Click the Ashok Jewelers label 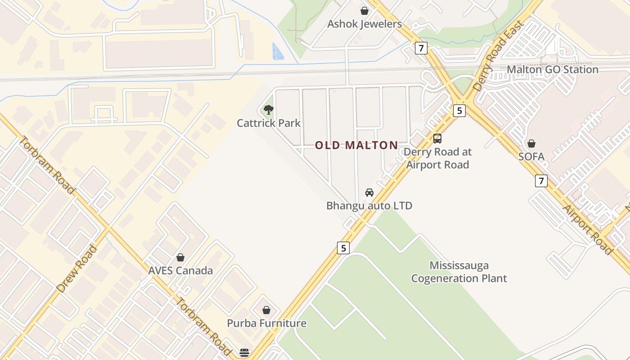[x=364, y=24]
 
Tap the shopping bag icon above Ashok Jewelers [x=364, y=11]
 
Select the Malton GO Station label [x=552, y=70]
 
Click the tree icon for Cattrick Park [x=268, y=109]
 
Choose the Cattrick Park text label [x=269, y=123]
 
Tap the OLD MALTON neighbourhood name [x=356, y=145]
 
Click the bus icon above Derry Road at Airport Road [x=437, y=139]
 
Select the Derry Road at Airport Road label [x=437, y=158]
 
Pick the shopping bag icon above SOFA [x=531, y=144]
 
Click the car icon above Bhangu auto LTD [x=369, y=193]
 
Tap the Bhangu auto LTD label [x=369, y=206]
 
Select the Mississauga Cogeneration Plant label [x=459, y=272]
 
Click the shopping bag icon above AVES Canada [x=180, y=257]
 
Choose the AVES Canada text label [x=180, y=271]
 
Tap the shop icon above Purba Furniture [x=266, y=310]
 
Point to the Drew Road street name [x=77, y=269]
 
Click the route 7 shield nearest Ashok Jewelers [x=421, y=48]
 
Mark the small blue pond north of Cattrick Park [x=278, y=51]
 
